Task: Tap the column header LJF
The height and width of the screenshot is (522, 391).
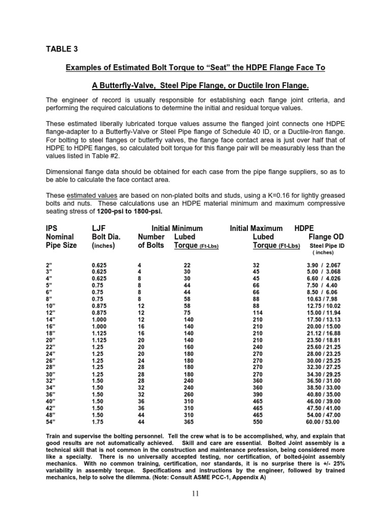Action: [100, 228]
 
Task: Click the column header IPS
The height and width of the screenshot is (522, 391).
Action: [52, 228]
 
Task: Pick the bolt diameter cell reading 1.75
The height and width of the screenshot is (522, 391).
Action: [97, 422]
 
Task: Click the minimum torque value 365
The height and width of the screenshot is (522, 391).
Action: [189, 422]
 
